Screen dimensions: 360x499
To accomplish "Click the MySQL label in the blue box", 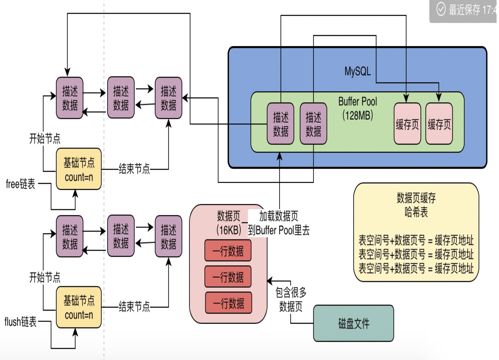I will tap(357, 71).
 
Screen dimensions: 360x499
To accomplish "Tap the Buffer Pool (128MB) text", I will tap(357, 108).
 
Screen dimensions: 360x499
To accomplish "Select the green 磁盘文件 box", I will tap(353, 323).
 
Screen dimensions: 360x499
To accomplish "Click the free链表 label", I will tap(21, 184).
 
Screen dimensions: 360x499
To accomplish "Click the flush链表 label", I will tap(20, 322).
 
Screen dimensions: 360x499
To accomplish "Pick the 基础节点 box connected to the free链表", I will tap(79, 169).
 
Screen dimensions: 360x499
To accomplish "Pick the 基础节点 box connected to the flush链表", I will tap(79, 307).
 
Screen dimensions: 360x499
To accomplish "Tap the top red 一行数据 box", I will tap(228, 251).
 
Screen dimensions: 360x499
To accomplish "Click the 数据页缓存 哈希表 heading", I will tap(416, 205).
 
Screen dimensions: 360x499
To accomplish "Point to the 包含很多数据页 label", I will tap(291, 299).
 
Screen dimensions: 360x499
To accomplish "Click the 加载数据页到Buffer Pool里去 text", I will tap(279, 223).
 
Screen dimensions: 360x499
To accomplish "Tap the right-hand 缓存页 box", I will tap(439, 124).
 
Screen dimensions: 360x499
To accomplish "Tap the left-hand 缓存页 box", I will tap(407, 124).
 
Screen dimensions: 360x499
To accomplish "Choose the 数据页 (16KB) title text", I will tap(229, 223).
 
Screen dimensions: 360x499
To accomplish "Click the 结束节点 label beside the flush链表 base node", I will tap(134, 307).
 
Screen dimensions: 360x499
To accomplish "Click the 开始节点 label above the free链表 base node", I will tap(45, 139).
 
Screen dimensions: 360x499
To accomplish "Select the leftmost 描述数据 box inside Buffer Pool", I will tap(280, 124).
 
